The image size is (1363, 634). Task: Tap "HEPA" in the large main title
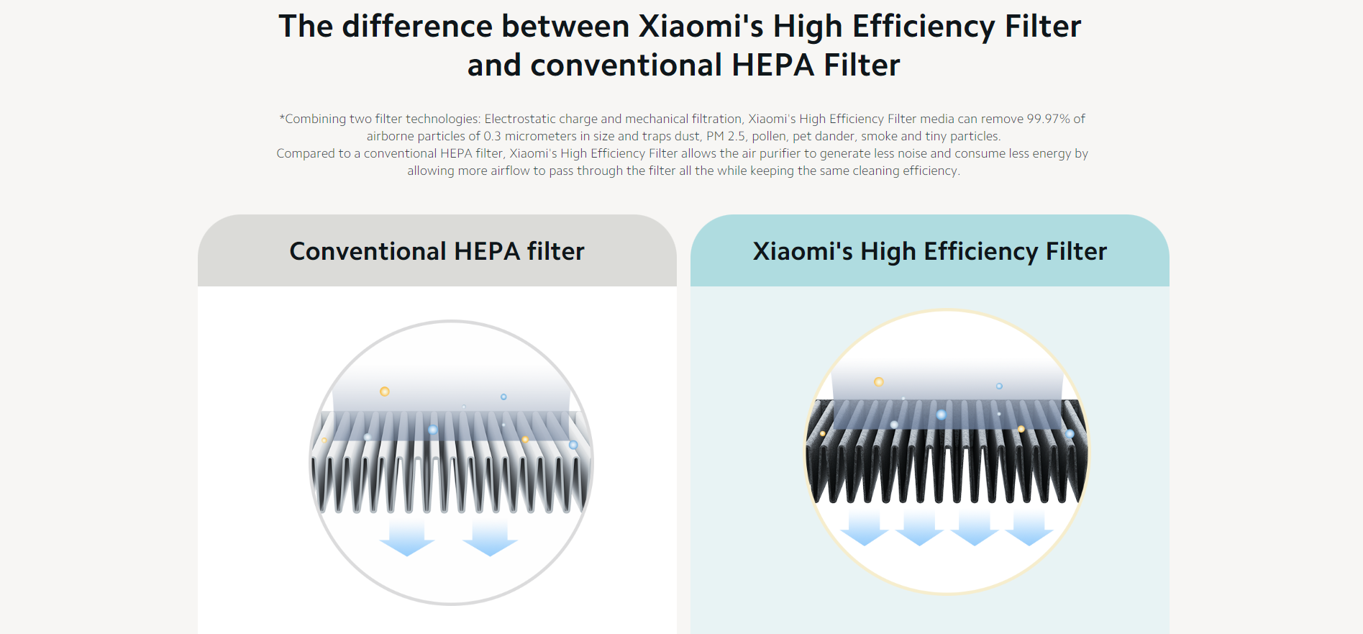point(773,65)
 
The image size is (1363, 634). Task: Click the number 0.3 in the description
point(492,136)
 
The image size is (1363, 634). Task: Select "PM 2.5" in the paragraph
point(726,136)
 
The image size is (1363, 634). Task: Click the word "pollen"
point(769,136)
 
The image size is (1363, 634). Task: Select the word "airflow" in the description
point(510,171)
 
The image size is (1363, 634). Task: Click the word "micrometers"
point(541,136)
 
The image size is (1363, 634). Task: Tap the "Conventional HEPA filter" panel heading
point(437,251)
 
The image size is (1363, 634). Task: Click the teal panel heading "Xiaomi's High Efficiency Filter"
point(929,252)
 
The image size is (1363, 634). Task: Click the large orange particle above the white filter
point(385,391)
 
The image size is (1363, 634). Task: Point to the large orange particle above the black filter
point(878,381)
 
